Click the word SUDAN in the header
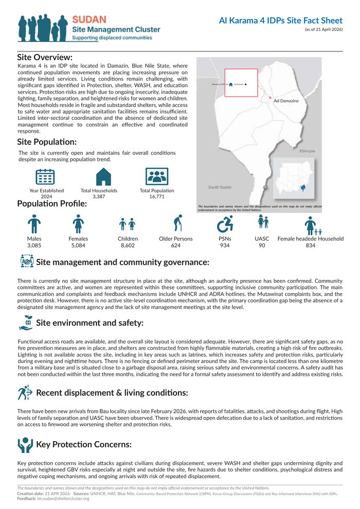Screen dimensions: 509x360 [89, 20]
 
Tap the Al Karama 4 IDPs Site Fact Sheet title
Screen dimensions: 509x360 [280, 21]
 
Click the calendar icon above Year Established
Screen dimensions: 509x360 [45, 176]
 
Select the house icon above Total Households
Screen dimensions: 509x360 [103, 176]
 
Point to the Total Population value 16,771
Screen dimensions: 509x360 [157, 196]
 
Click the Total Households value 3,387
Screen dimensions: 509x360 [99, 196]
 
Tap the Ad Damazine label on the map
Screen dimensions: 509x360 [286, 101]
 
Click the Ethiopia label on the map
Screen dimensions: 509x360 [307, 151]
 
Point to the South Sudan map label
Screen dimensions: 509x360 [220, 187]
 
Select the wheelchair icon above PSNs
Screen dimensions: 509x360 [225, 224]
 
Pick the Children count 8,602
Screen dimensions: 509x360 [128, 246]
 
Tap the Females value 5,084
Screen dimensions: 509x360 [78, 246]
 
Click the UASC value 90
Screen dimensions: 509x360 [262, 246]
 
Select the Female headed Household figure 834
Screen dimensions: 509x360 [311, 246]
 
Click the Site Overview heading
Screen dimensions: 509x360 [45, 57]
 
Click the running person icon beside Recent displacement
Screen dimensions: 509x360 [25, 393]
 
